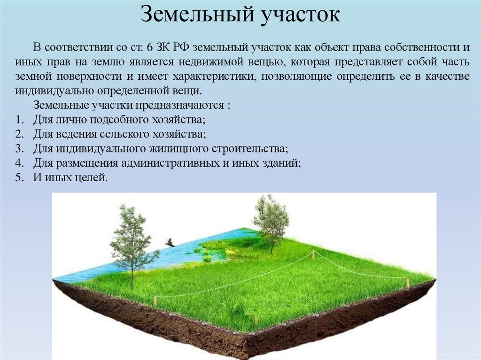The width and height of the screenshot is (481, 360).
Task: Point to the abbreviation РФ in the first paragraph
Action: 183,48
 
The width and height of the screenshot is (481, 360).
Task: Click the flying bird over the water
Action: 170,242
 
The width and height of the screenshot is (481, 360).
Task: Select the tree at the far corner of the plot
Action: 271,216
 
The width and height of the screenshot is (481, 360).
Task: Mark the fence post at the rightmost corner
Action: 408,283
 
